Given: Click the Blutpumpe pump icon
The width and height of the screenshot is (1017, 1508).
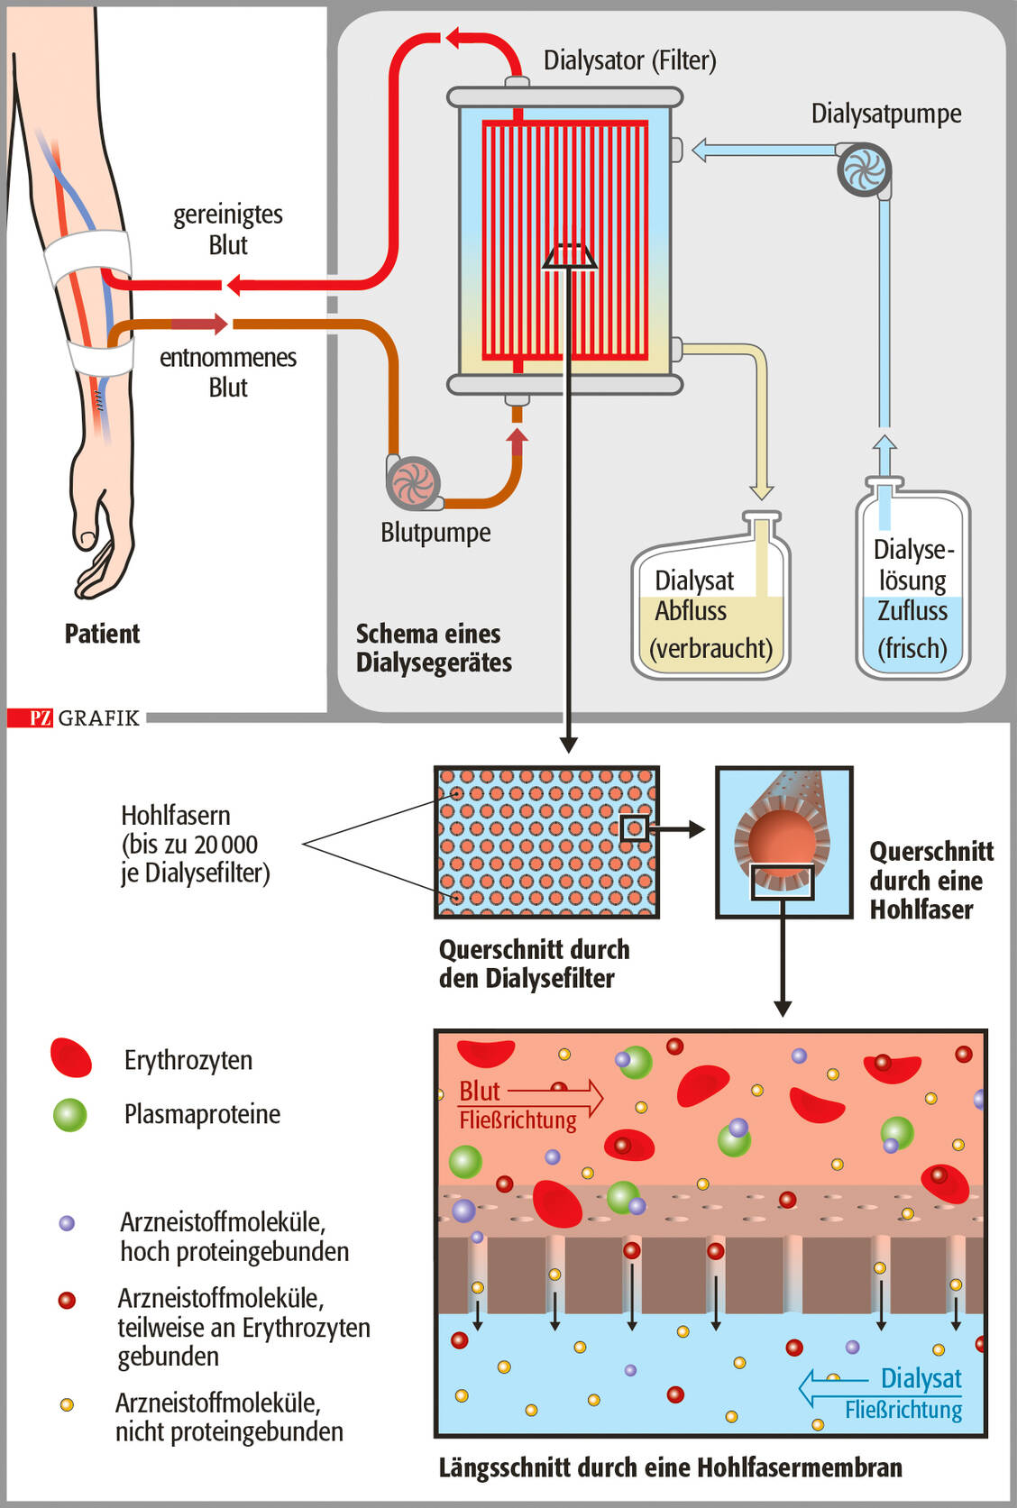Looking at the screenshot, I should tap(414, 482).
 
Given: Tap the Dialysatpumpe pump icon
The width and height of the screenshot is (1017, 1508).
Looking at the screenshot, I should tap(864, 169).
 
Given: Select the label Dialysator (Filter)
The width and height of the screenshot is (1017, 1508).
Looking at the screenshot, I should tap(629, 60).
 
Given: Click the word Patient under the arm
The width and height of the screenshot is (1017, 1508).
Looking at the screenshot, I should tap(102, 634).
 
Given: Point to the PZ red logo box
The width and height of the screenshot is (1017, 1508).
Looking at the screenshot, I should tap(41, 717).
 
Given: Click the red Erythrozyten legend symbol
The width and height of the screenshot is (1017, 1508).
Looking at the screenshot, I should tap(71, 1058).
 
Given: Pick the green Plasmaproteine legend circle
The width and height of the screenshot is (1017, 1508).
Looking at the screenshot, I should tap(69, 1114).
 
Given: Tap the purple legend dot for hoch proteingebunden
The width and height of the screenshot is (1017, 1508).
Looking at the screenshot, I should tap(67, 1223).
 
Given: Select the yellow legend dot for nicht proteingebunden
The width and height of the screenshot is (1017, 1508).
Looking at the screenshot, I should tap(67, 1404).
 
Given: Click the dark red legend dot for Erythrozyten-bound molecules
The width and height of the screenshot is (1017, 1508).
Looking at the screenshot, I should tap(67, 1300).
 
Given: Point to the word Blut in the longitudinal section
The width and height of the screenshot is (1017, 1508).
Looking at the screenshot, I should tap(479, 1091).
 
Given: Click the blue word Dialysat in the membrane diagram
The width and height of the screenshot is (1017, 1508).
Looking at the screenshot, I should tap(921, 1378).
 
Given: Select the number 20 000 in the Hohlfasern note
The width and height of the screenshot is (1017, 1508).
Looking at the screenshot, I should tap(225, 845).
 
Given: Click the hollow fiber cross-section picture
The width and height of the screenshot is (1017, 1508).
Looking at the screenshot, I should tap(783, 842).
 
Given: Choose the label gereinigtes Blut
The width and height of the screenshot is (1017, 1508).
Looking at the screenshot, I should tap(228, 229).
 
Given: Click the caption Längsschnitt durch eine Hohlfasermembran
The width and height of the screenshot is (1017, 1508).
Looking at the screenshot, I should tap(670, 1467).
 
